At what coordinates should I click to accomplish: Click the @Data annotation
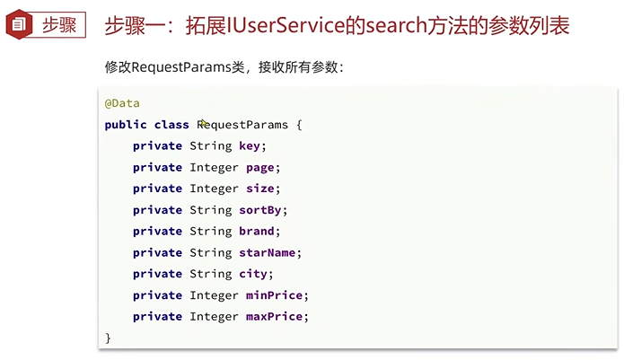pos(122,103)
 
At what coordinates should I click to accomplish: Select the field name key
pos(251,146)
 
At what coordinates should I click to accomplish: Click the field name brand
pos(259,231)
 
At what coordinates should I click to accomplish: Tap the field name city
pos(254,274)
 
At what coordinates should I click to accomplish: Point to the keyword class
pos(171,125)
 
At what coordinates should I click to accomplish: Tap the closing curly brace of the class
pos(108,338)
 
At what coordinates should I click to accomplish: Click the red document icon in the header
pos(18,25)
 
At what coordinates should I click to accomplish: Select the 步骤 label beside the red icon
pos(60,25)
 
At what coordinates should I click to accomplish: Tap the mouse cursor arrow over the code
pos(205,124)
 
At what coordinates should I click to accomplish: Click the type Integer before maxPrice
pos(214,317)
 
